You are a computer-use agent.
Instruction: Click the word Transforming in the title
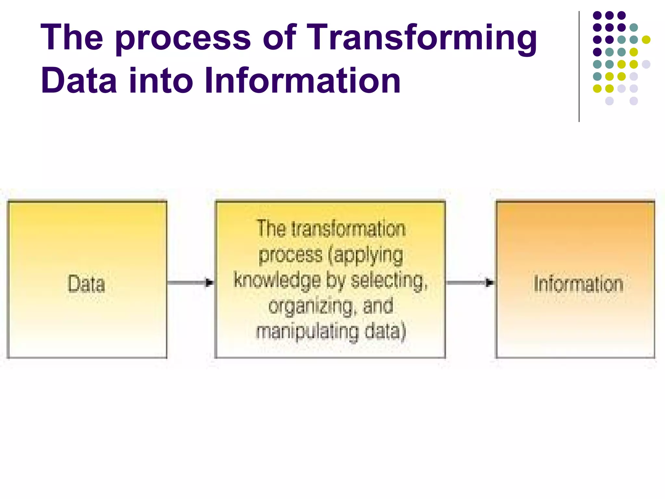coord(421,38)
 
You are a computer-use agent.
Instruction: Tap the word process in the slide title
coord(183,38)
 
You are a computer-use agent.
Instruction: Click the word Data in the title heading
coord(79,80)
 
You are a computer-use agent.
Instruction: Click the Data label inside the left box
coord(86,284)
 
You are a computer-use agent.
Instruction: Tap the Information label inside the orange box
coord(579,284)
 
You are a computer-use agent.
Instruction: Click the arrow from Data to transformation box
coord(191,282)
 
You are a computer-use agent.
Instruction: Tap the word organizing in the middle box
coord(311,306)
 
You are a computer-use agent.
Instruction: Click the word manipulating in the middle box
coord(307,332)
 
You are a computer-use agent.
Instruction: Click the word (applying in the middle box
coord(366,255)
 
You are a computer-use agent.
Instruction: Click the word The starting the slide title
coord(72,38)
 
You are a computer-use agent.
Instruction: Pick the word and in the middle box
coord(378,306)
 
